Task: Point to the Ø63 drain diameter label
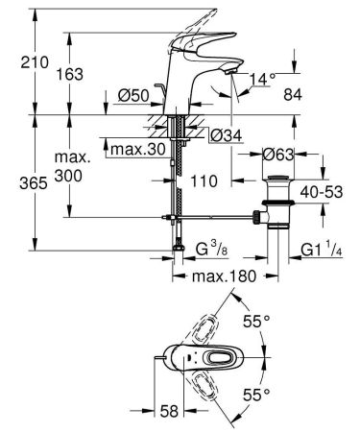point(278,153)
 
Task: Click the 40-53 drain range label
point(322,191)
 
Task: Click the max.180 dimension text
point(217,276)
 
